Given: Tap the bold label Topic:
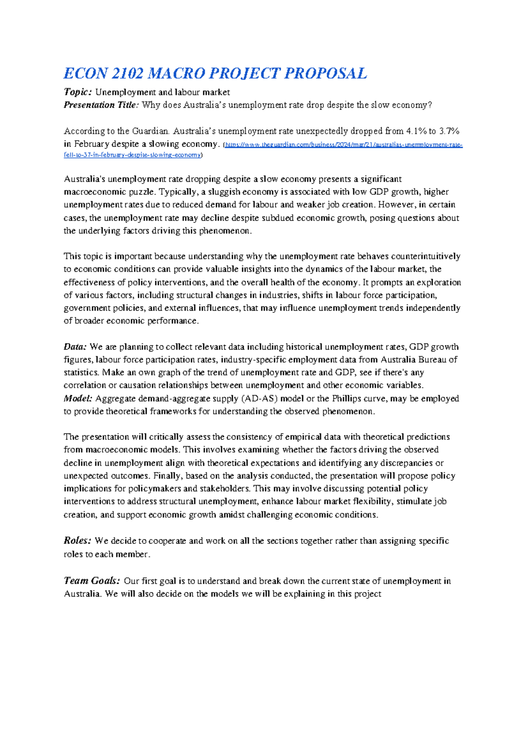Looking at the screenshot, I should click(x=77, y=92).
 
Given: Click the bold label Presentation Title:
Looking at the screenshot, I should click(x=101, y=105).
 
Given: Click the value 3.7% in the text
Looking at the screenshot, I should click(x=449, y=131).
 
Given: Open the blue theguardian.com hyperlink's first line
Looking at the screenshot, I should click(x=344, y=145).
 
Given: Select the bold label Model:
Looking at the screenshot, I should click(x=78, y=399).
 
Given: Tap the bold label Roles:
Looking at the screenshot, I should click(x=77, y=541).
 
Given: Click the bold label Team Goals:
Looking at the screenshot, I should click(x=92, y=581).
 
